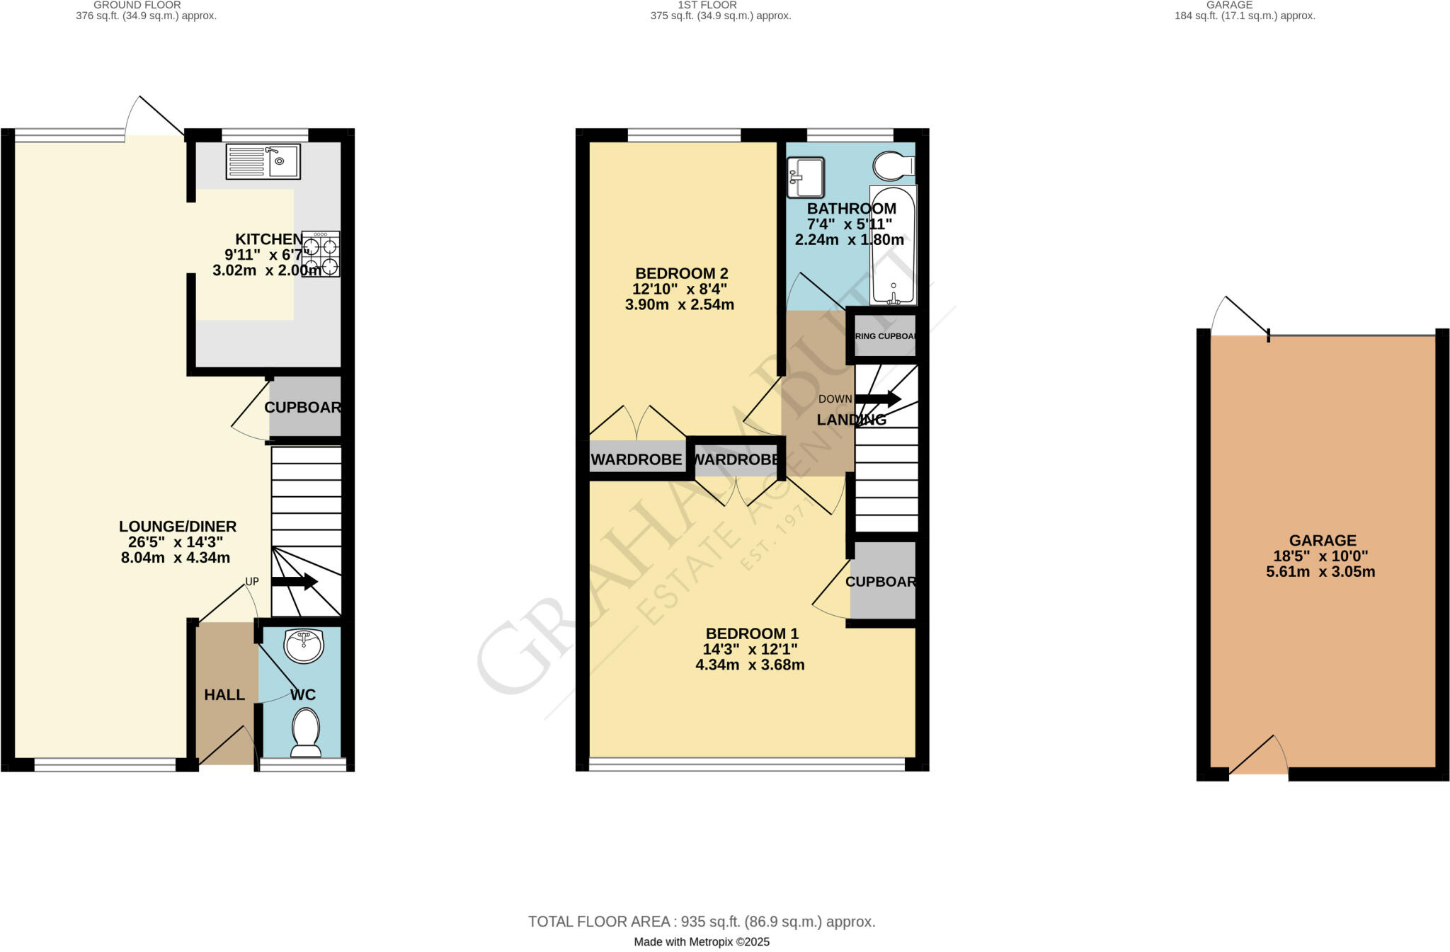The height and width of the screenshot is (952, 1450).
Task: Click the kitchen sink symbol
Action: (263, 161)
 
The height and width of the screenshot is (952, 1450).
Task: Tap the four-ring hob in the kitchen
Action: (321, 254)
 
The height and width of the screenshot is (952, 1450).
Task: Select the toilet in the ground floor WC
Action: (306, 733)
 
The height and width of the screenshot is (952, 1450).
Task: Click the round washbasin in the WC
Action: (304, 646)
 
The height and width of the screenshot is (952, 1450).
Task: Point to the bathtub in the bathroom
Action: (893, 245)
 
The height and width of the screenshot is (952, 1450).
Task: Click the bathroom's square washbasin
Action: (806, 177)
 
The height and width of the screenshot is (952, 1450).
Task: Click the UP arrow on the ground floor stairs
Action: (295, 582)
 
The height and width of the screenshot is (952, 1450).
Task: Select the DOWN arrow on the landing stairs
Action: (878, 399)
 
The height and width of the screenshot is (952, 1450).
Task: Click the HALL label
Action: (224, 695)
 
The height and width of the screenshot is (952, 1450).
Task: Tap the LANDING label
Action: (851, 420)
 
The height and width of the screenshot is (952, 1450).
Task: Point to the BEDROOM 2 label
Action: (681, 273)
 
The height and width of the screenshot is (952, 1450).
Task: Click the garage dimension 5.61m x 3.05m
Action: (1320, 572)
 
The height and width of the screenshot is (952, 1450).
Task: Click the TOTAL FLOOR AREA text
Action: (701, 922)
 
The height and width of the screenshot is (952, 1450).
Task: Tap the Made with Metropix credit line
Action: (701, 942)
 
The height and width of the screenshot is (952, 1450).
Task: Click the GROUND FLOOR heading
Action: (137, 5)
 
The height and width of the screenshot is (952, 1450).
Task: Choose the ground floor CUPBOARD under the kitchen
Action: (304, 407)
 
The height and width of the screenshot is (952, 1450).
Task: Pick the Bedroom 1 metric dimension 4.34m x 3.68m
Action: (750, 665)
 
